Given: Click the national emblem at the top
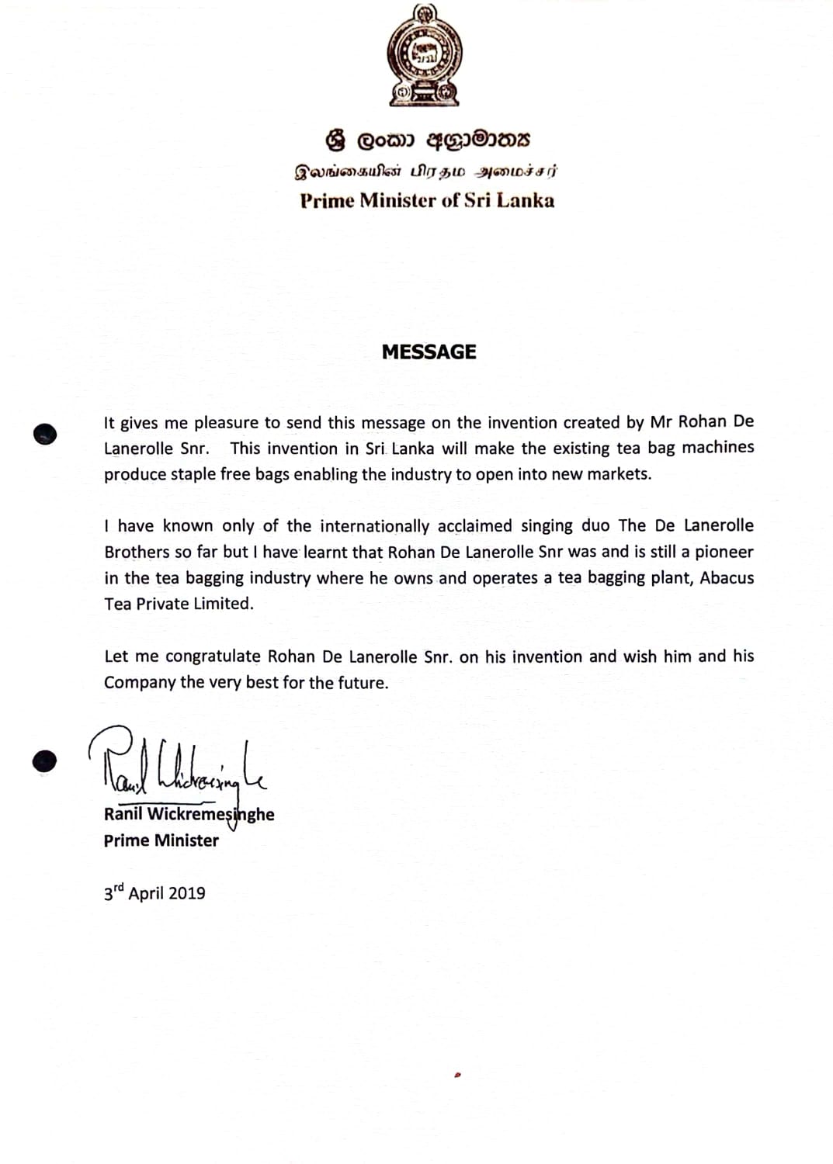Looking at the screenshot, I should tap(424, 56).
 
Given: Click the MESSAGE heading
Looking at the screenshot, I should tap(429, 352).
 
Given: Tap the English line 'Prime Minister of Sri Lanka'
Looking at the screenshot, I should tap(427, 200).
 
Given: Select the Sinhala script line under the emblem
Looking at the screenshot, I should tap(428, 140).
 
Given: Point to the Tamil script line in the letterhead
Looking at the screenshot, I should tap(425, 171).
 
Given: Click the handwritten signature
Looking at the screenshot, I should tap(179, 764).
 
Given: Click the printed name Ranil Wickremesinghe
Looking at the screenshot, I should tap(189, 814).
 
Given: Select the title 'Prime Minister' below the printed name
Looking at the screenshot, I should tap(161, 840).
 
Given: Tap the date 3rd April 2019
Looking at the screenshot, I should tap(154, 892).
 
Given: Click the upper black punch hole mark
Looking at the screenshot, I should tap(46, 433).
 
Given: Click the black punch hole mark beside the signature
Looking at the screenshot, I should tap(45, 760).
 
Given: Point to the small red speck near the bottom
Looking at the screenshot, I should tap(458, 1076).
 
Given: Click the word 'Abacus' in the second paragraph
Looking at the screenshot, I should tap(727, 577).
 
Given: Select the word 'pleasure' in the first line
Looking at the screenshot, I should tap(226, 423).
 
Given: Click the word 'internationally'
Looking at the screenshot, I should tap(374, 526).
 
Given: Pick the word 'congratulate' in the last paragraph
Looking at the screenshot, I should tap(213, 656).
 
